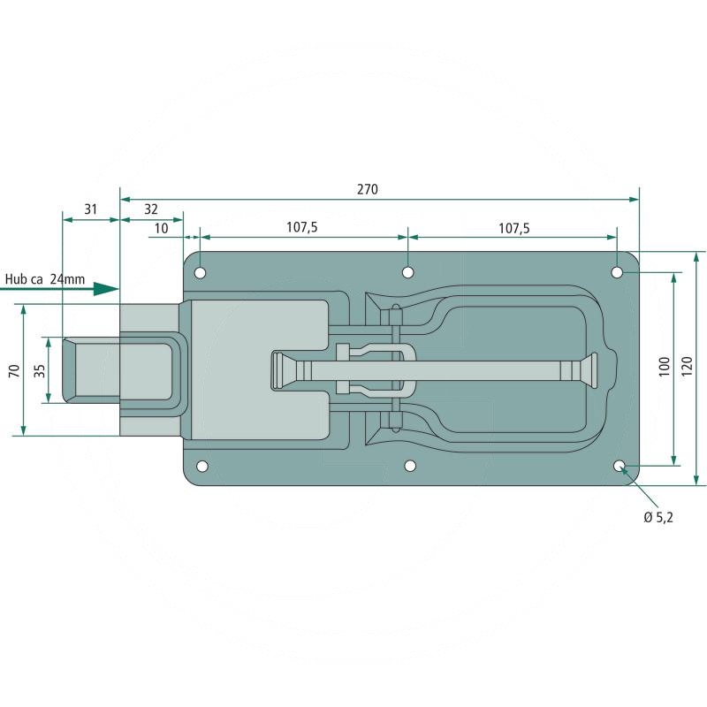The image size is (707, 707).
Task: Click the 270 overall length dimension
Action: coord(368,189)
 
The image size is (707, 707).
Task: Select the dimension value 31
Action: coord(90,209)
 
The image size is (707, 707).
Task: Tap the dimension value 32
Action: coord(151,209)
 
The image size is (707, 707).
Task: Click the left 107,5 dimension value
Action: coord(302,227)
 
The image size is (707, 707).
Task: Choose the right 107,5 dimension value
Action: coord(513,227)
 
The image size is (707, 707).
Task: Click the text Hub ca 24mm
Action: coord(45,279)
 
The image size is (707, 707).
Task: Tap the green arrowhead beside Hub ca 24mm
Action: coord(106,288)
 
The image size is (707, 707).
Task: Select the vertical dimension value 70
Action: coord(12,370)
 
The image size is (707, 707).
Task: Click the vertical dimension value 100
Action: coord(665,368)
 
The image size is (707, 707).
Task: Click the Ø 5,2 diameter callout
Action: coord(658,517)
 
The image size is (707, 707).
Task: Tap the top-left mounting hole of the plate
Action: coord(201,272)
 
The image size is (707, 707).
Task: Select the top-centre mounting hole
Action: coord(408,272)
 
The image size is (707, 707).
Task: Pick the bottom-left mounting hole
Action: coord(201,466)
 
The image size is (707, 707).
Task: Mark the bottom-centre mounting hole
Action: coord(409,466)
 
